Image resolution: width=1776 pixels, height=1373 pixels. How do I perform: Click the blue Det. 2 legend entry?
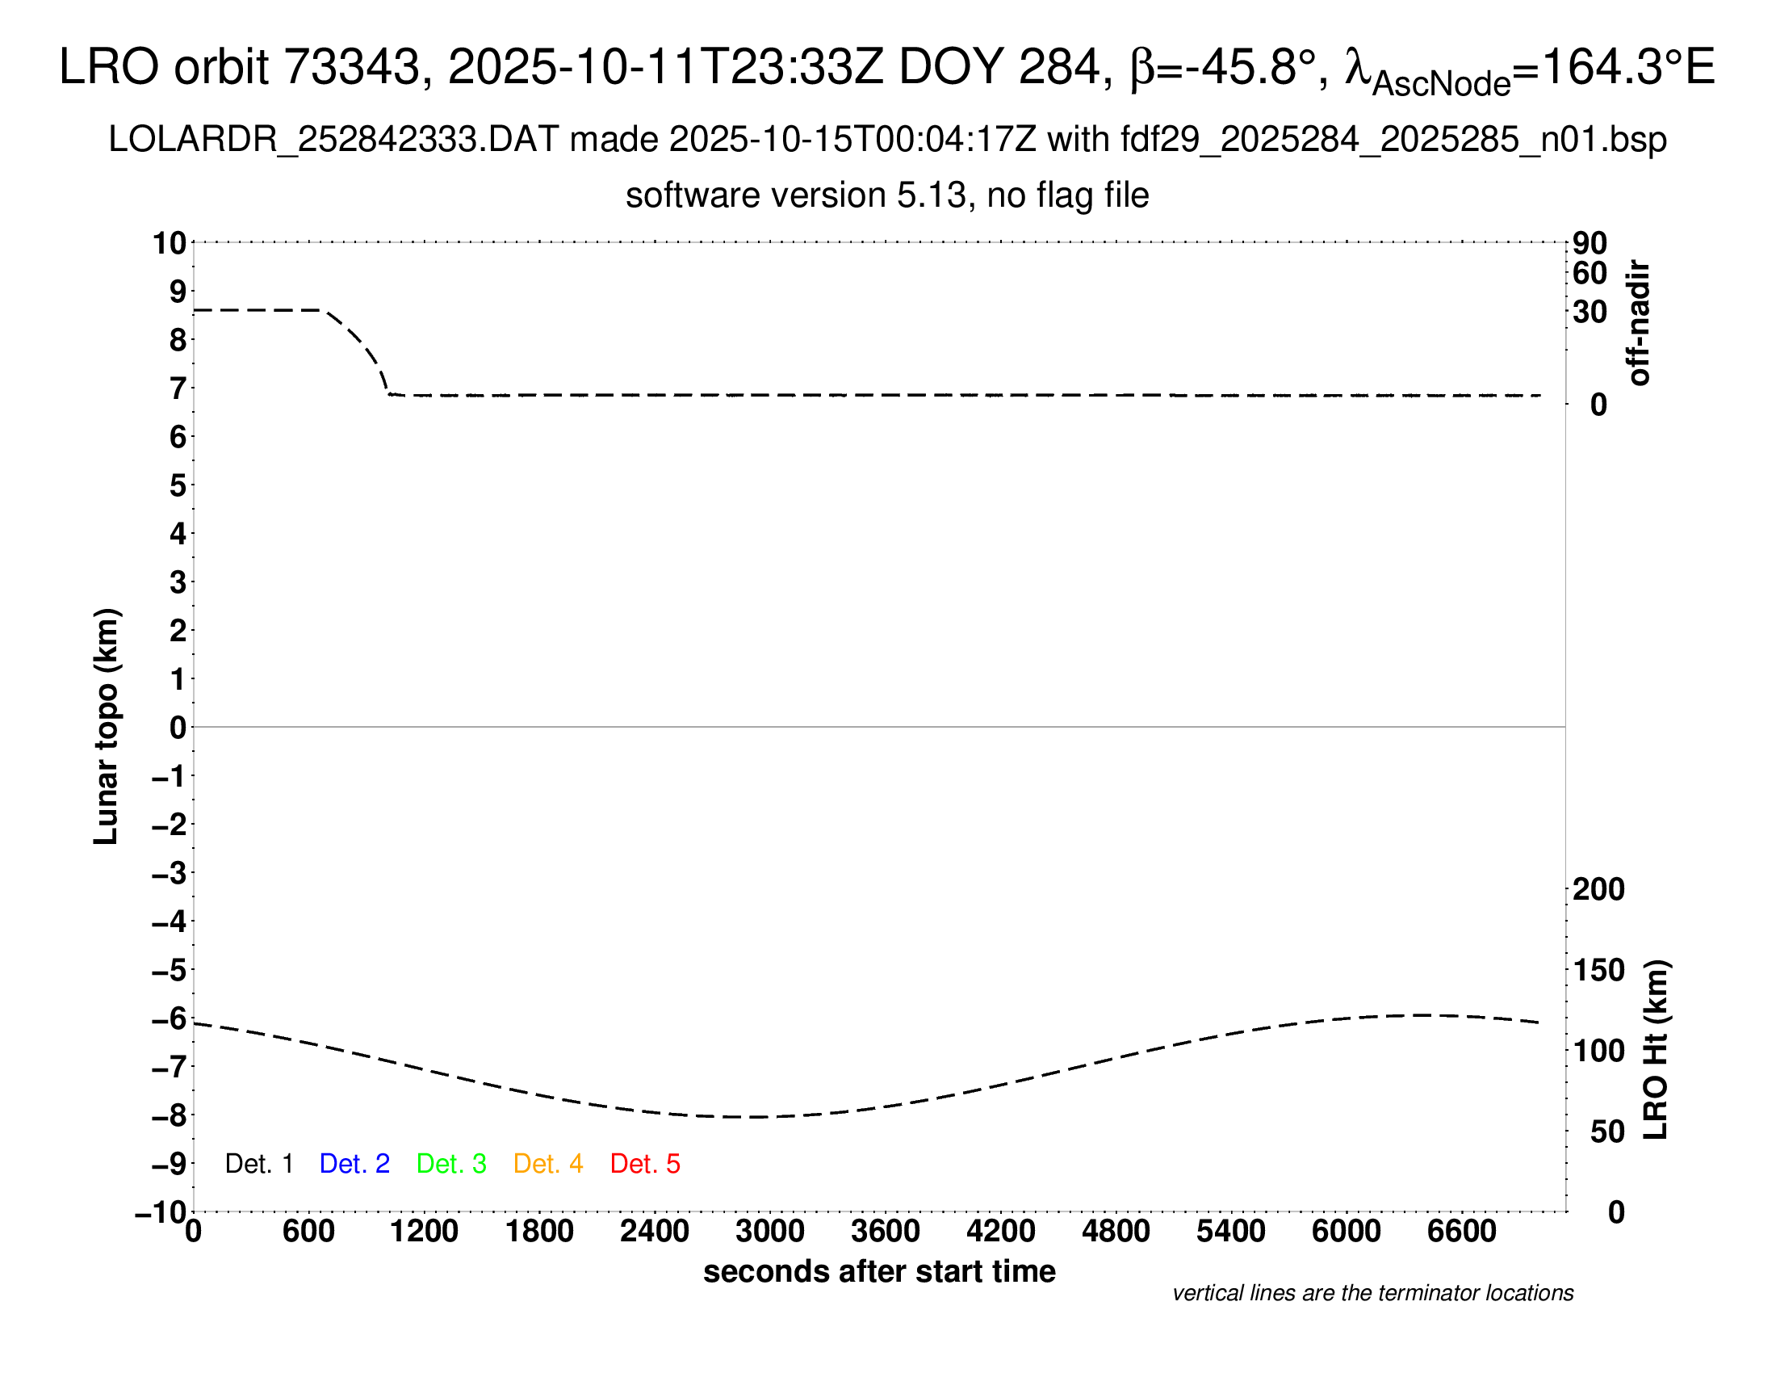[354, 1164]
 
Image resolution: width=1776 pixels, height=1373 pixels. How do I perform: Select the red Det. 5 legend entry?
[645, 1164]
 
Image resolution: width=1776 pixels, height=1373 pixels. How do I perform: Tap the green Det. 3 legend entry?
[451, 1164]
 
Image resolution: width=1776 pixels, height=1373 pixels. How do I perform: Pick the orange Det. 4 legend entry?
[548, 1164]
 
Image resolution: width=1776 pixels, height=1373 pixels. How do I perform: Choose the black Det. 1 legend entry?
[258, 1164]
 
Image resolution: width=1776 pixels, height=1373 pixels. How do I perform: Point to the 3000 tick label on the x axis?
[769, 1232]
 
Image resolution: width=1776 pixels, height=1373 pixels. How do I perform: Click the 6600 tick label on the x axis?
[1461, 1232]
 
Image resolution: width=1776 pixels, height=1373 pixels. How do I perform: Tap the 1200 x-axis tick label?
[424, 1232]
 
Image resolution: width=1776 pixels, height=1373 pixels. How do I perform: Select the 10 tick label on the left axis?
[170, 243]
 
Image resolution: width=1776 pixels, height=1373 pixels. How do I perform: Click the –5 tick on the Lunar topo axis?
[170, 970]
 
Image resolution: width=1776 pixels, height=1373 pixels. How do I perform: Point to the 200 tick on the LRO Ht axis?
[1598, 890]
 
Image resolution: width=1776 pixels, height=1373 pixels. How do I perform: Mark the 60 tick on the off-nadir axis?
[1590, 273]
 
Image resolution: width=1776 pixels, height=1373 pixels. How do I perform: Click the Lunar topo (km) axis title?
[107, 726]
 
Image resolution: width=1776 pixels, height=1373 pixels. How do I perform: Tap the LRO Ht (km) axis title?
[1656, 1050]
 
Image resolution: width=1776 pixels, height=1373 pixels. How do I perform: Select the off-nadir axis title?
[1640, 323]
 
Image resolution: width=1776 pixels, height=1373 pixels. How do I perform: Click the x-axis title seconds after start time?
[879, 1271]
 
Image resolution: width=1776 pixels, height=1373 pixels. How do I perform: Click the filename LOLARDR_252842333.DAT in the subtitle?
[333, 140]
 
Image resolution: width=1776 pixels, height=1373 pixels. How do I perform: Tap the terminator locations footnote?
[1372, 1293]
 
